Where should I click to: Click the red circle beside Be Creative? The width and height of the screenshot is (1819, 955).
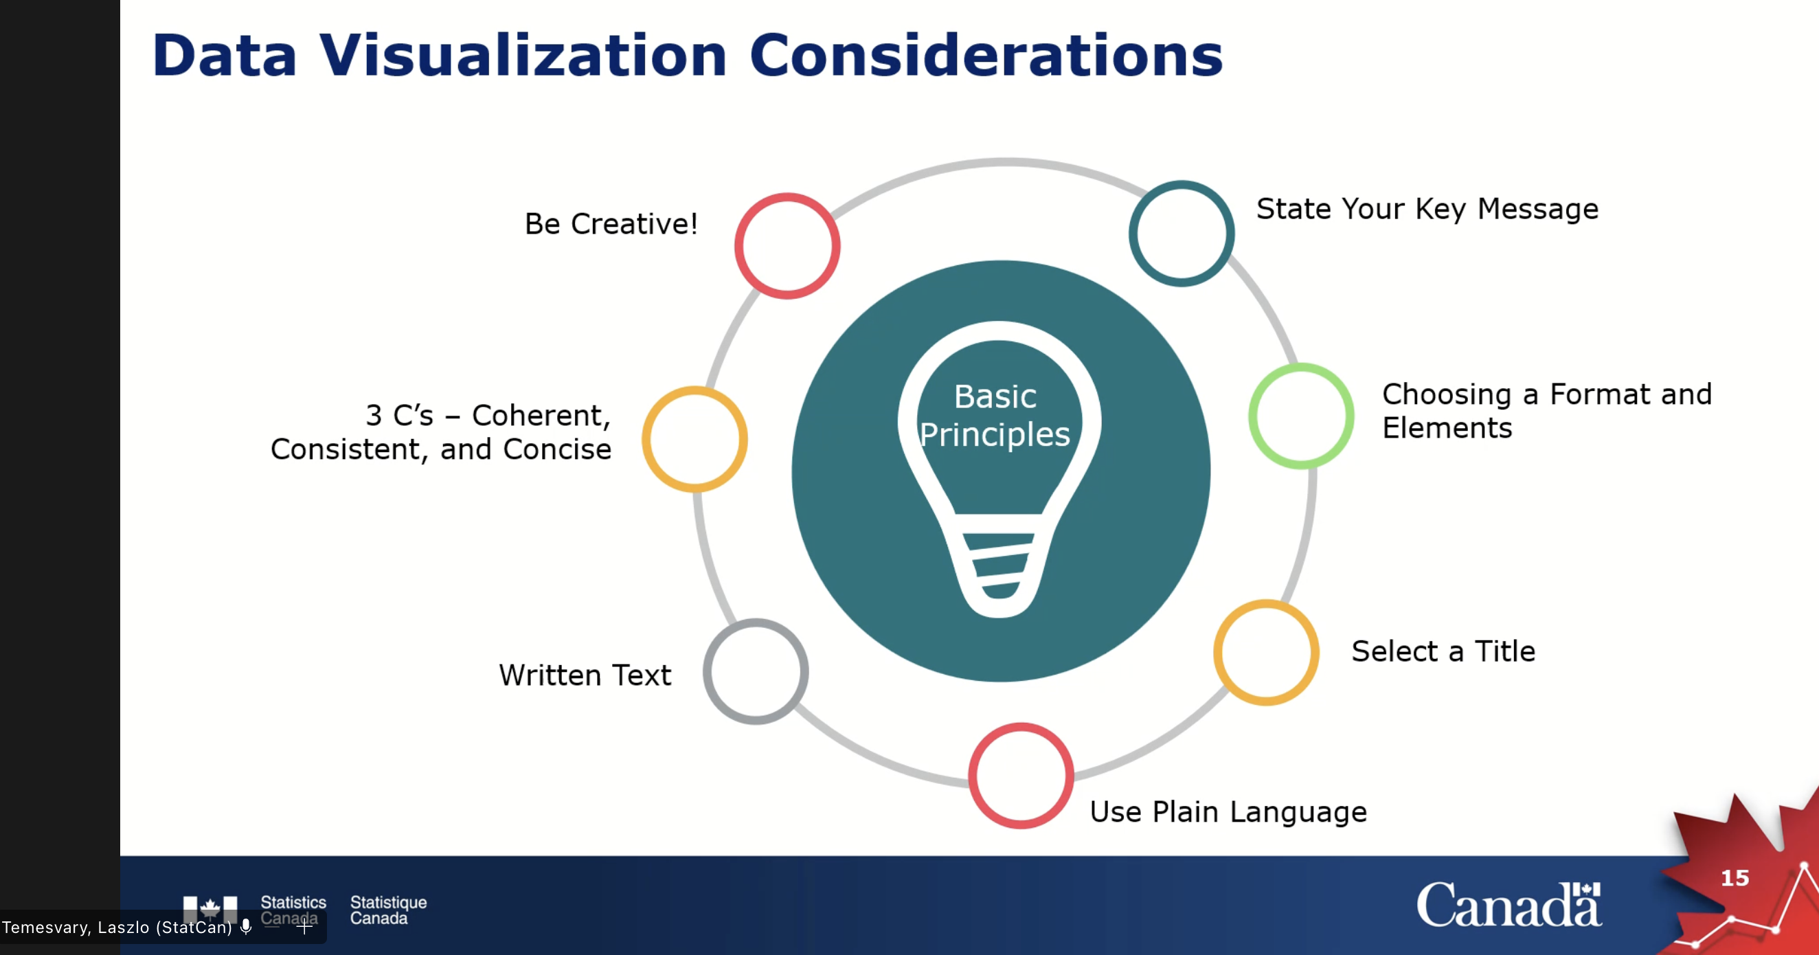(x=787, y=246)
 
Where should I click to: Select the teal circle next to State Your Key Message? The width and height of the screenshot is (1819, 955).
(x=1182, y=233)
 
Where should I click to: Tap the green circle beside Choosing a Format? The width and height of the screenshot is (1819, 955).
(x=1302, y=416)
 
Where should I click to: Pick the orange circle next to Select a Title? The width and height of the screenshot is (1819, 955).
(x=1266, y=652)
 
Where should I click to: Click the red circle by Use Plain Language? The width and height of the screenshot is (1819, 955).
(x=1021, y=776)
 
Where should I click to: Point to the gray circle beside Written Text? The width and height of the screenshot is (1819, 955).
(x=756, y=671)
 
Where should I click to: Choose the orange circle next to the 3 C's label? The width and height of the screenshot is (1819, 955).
(x=695, y=438)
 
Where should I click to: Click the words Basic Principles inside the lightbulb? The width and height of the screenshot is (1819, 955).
(x=995, y=416)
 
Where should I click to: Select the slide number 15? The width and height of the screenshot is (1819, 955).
(x=1735, y=878)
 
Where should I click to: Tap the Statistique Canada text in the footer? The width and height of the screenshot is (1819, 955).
(x=387, y=910)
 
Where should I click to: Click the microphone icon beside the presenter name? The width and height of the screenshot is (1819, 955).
(x=246, y=927)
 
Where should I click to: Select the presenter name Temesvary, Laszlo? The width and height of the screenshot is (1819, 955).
(x=117, y=928)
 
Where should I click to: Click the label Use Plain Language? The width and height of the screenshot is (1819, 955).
(x=1228, y=811)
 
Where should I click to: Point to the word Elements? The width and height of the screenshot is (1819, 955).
(x=1447, y=428)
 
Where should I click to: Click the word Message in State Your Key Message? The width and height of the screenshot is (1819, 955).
(x=1537, y=209)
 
